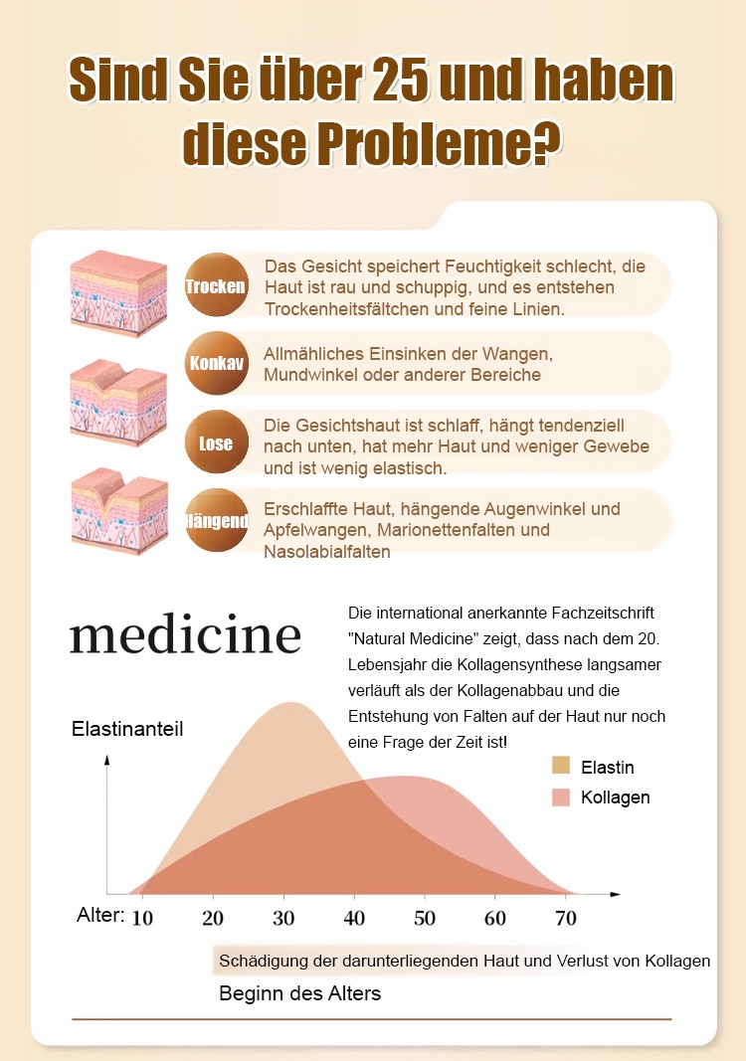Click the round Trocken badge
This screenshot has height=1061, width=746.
point(217,285)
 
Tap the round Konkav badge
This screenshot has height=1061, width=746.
point(217,363)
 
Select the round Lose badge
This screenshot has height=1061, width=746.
point(217,442)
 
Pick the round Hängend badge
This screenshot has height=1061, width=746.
point(217,520)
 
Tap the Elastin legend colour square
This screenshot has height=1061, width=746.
point(561,766)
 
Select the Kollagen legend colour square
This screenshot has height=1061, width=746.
point(561,797)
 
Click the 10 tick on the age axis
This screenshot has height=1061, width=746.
point(142,918)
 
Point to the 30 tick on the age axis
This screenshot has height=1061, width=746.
point(283,918)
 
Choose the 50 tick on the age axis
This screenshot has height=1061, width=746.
point(425,918)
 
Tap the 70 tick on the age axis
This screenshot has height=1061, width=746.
point(566,918)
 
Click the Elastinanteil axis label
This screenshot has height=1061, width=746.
point(127,729)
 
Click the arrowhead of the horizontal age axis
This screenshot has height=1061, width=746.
point(615,895)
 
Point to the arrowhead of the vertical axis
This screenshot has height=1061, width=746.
point(107,760)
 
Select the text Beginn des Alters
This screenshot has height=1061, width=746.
point(299,993)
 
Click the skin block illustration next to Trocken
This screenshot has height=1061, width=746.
point(118,293)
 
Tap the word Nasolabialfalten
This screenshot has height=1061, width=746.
point(327,552)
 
